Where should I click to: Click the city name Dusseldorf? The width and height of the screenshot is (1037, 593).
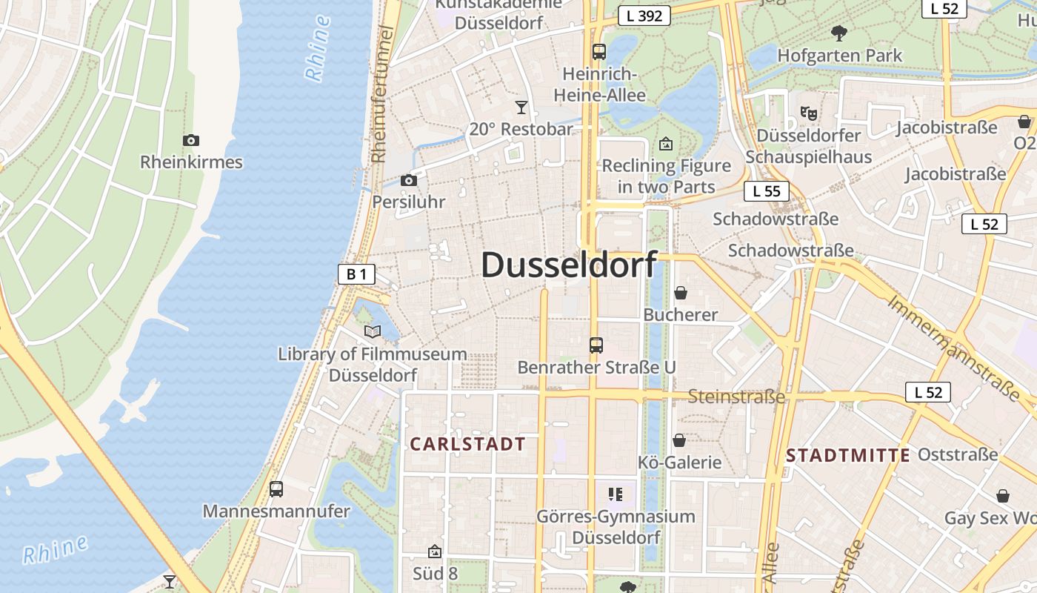569,265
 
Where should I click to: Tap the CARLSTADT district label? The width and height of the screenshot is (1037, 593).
467,445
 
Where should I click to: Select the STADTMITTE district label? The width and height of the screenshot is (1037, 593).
847,455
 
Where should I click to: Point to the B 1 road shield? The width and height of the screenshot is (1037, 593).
356,274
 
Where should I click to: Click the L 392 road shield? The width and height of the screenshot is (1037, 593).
644,15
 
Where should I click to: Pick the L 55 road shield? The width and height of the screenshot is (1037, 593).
766,191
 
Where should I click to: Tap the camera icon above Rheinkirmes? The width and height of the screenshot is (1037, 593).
191,140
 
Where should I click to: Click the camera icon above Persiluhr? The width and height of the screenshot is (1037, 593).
408,180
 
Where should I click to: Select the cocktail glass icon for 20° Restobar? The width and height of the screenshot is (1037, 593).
521,107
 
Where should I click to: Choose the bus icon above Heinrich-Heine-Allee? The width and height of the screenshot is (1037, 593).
598,52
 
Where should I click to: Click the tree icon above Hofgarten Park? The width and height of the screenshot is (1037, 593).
839,33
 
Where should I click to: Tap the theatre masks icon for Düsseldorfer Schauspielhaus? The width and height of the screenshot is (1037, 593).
808,113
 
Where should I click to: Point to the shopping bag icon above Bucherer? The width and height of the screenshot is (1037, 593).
680,293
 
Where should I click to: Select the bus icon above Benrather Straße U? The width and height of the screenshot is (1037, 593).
596,345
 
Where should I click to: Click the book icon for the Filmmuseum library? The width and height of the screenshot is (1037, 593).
373,331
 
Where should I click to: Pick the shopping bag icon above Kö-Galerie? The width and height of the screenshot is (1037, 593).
679,440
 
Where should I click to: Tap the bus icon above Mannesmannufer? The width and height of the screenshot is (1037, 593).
276,488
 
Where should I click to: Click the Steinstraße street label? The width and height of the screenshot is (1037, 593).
736,397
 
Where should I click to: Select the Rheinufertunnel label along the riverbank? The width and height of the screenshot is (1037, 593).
382,94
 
